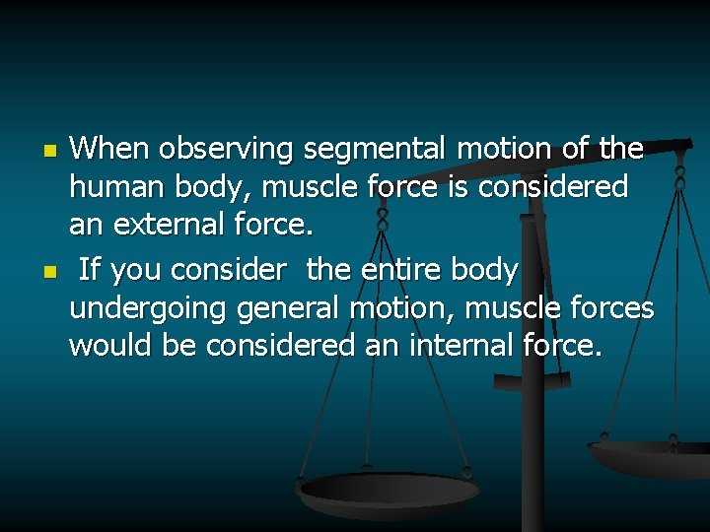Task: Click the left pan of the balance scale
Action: coord(389,491)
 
